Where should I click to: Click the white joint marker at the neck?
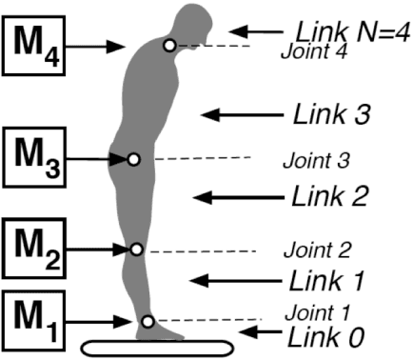click(x=169, y=45)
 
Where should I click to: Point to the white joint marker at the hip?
click(x=134, y=158)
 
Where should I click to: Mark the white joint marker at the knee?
click(x=136, y=249)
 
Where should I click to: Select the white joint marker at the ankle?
click(x=147, y=321)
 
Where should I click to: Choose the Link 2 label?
click(x=328, y=196)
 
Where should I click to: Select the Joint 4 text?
click(x=312, y=51)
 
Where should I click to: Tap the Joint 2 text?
click(x=317, y=250)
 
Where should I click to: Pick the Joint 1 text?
click(x=318, y=310)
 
